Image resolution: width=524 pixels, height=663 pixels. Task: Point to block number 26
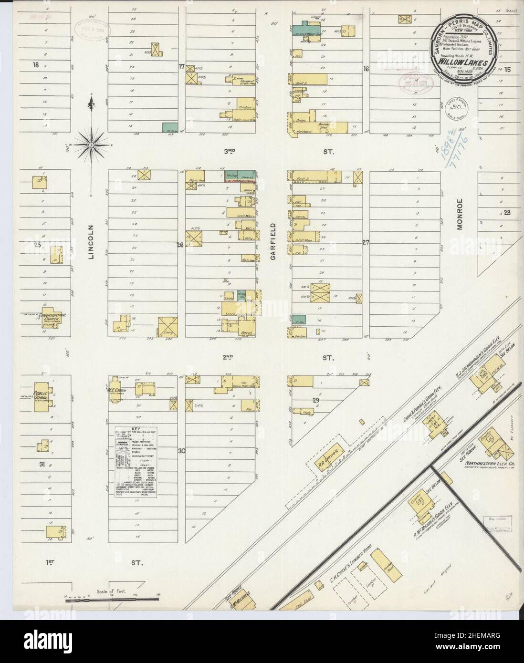180,246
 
